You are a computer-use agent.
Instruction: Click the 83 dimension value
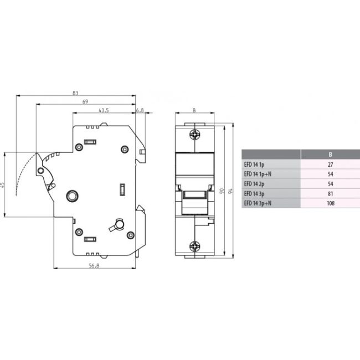(75, 93)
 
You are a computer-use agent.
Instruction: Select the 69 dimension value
(85, 101)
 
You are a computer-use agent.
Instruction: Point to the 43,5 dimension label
(104, 110)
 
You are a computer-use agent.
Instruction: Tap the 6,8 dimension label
(140, 110)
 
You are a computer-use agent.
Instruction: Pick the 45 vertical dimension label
(3, 184)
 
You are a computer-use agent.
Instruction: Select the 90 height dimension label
(222, 191)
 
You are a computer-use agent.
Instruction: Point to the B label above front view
(194, 110)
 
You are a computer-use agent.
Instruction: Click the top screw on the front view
(194, 133)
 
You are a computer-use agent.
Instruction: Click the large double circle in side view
(71, 196)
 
